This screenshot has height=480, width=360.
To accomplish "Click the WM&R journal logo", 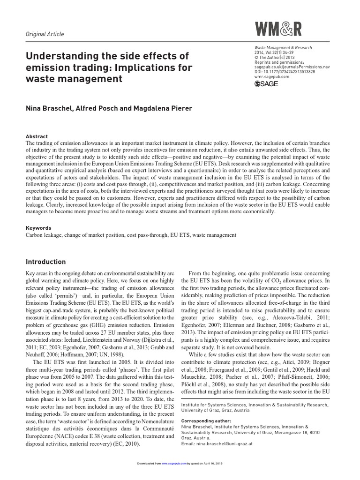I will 278,30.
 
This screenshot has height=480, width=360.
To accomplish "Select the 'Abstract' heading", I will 37,136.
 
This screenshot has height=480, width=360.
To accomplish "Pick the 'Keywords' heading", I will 38,228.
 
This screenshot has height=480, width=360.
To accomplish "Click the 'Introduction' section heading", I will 45,262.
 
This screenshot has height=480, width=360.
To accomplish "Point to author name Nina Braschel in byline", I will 48,108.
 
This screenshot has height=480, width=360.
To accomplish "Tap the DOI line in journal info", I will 284,72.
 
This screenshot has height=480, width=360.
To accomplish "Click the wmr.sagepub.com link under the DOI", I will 271,76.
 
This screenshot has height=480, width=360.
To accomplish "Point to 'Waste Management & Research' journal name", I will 283,48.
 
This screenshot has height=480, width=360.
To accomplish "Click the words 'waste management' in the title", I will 75,79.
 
